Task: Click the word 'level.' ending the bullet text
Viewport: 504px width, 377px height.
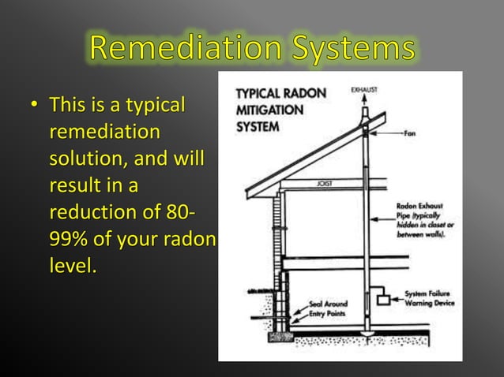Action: click(x=73, y=267)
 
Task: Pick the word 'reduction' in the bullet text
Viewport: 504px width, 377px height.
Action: click(x=88, y=213)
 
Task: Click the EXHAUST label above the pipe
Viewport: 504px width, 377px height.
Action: click(x=363, y=90)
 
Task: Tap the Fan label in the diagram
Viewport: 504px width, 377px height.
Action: click(x=410, y=133)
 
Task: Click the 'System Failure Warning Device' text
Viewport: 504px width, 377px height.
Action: click(x=429, y=298)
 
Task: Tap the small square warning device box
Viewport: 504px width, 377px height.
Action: click(x=385, y=300)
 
